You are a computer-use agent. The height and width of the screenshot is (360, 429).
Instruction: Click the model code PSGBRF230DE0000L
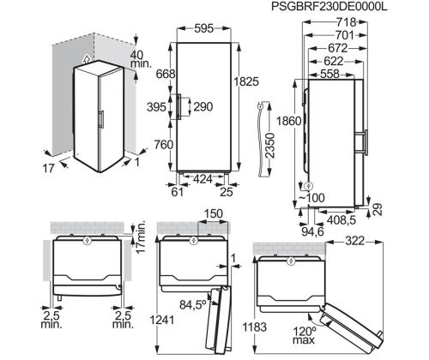click(x=329, y=7)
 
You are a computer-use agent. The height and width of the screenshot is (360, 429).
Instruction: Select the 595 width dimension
click(x=204, y=28)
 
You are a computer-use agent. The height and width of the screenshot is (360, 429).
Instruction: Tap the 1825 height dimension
click(x=246, y=81)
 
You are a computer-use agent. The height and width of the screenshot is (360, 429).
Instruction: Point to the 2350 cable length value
click(x=269, y=146)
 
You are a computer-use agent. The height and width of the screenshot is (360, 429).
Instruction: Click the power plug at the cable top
click(x=260, y=106)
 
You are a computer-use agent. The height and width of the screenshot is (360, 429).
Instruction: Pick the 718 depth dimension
click(x=346, y=22)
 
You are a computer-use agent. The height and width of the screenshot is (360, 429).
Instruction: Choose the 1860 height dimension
click(x=289, y=121)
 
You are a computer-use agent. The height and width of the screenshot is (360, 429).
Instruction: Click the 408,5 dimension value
click(x=341, y=220)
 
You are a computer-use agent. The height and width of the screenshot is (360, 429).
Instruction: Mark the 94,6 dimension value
click(x=312, y=231)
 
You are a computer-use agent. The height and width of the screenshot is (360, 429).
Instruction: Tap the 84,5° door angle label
click(x=193, y=305)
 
